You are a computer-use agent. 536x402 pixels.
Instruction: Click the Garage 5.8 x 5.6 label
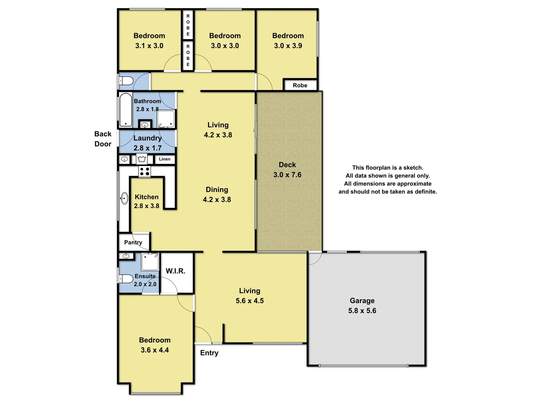(362, 306)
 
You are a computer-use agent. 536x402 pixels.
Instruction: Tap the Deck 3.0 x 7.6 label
(287, 170)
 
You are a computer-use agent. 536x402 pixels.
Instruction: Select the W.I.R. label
(175, 271)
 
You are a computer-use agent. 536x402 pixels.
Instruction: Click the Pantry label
(133, 242)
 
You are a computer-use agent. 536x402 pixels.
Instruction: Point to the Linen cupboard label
(165, 159)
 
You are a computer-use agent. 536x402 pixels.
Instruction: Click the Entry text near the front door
(209, 353)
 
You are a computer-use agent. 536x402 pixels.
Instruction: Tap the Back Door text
(103, 139)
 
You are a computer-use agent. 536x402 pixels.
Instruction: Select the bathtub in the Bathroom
(125, 110)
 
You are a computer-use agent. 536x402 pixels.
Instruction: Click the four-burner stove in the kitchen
(144, 172)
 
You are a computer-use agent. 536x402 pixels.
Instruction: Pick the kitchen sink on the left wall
(124, 198)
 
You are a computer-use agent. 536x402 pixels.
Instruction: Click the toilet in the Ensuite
(126, 279)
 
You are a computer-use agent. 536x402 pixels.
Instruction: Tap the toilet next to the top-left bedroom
(126, 81)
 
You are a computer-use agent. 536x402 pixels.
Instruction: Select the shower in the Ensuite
(150, 262)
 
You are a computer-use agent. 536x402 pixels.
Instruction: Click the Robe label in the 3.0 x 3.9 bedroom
(300, 85)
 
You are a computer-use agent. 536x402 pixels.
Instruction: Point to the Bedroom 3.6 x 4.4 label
(154, 345)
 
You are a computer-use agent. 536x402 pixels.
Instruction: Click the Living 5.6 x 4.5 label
(249, 296)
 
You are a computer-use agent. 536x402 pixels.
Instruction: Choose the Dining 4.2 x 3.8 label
(217, 195)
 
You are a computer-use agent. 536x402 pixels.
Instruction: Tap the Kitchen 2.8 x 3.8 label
(147, 201)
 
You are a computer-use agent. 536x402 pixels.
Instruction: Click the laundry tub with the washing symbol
(141, 159)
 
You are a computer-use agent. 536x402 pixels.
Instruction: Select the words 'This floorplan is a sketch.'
(387, 167)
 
